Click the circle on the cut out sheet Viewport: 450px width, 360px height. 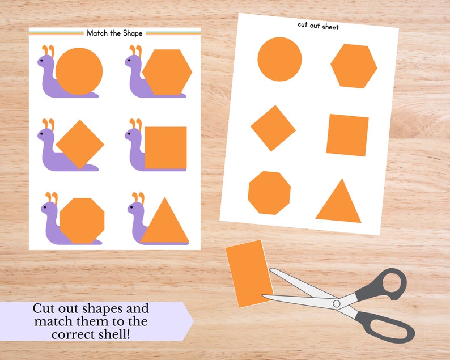(279, 59)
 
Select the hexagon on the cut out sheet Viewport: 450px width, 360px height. (354, 66)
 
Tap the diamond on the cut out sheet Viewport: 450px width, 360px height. (273, 128)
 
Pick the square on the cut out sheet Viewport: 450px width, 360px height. (347, 135)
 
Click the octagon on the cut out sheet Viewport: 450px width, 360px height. (269, 193)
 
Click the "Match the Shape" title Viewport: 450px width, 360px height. (114, 33)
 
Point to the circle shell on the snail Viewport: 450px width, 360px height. (79, 71)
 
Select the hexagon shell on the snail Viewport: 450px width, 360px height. (167, 72)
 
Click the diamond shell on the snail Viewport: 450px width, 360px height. (80, 144)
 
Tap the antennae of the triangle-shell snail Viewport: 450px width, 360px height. (137, 198)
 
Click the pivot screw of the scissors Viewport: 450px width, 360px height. (337, 304)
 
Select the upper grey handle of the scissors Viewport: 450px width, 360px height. (390, 281)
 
